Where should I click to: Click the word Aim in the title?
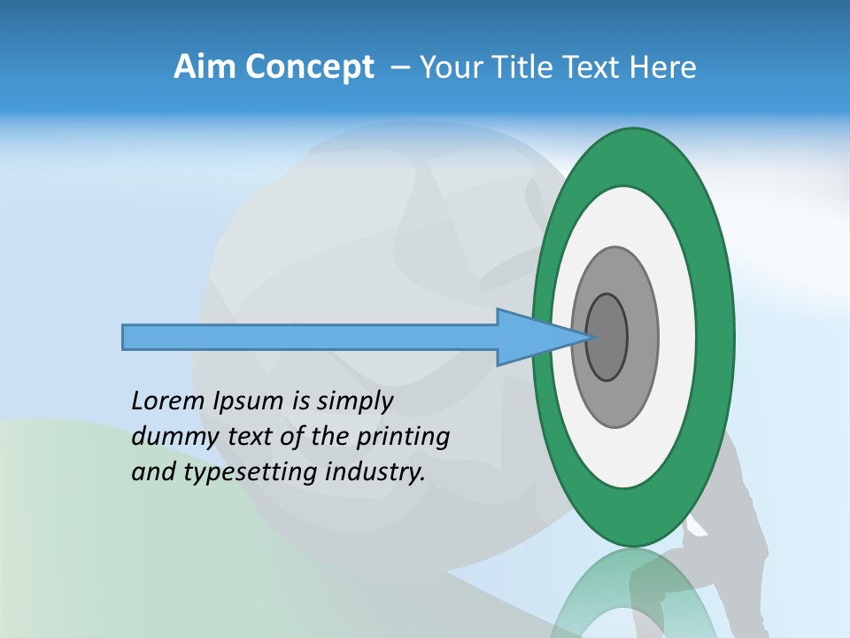(205, 67)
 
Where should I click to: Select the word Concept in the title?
(309, 68)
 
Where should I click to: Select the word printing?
(403, 438)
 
